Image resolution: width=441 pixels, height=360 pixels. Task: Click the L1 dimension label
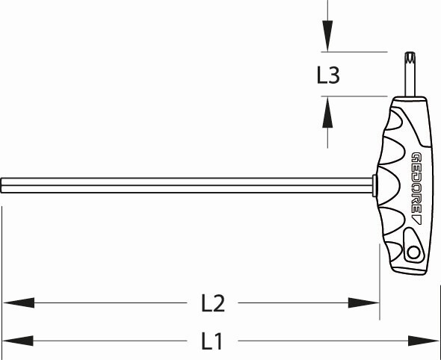[x=212, y=341]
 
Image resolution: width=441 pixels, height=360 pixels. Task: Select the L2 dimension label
[x=213, y=303]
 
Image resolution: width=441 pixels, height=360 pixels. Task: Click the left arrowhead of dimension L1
[x=16, y=341]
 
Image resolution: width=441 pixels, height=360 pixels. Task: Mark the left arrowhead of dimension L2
[x=16, y=302]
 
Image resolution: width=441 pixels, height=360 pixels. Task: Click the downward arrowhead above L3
[x=327, y=37]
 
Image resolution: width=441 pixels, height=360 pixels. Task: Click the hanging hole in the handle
[x=413, y=253]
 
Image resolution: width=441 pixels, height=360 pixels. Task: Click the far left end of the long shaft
[x=3, y=183]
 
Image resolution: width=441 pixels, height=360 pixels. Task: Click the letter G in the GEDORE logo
[x=416, y=158]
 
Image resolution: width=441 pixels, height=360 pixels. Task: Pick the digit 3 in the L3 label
[x=336, y=75]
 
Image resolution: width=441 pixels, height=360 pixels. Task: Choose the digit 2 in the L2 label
[x=219, y=303]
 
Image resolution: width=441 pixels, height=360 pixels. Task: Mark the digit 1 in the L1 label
[x=218, y=341]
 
